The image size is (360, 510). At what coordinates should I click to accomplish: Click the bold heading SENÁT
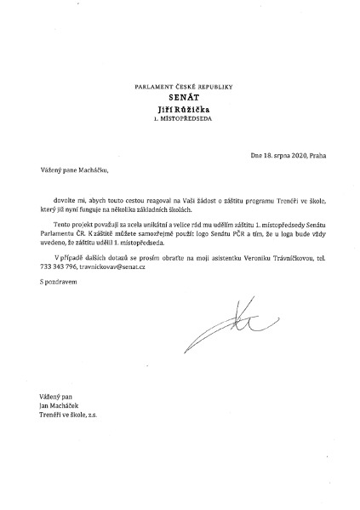(189, 99)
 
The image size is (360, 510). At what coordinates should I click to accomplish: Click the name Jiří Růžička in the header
(189, 110)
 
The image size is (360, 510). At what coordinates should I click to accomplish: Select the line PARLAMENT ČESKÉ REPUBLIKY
(189, 88)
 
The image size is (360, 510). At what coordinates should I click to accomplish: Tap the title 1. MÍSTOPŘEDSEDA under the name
(189, 121)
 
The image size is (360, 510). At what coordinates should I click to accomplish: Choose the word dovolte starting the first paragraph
(64, 198)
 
